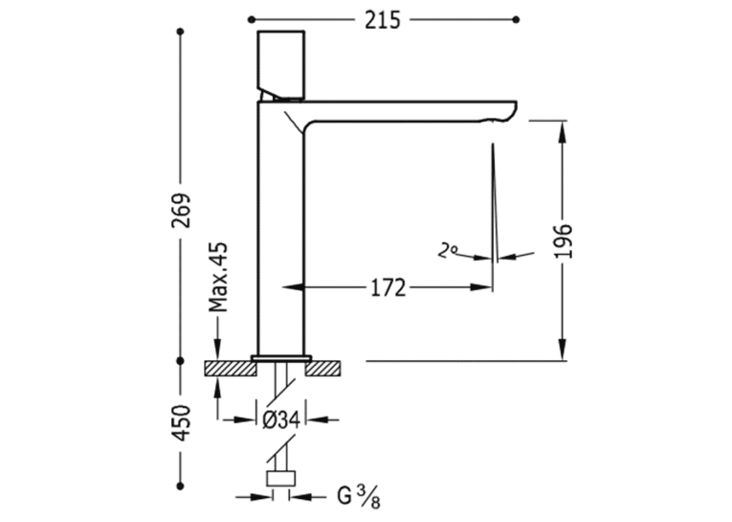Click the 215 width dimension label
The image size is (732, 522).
pos(383,20)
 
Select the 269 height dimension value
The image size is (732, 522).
pos(181,211)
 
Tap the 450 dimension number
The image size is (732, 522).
pos(181,423)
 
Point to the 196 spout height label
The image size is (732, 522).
pos(563,241)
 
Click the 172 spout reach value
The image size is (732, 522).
pos(388,288)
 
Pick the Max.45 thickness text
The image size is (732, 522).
pos(218,277)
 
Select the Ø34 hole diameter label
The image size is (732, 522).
pos(281,420)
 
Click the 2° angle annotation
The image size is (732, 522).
pos(447,251)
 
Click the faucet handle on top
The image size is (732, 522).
pos(281,65)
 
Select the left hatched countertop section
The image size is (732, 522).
pos(231,368)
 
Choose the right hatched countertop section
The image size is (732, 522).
pos(323,368)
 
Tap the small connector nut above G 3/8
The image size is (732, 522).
pos(281,479)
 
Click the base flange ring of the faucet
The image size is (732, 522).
pos(281,358)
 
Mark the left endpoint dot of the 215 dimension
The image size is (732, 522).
pos(252,19)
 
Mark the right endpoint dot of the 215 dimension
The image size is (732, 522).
pos(516,19)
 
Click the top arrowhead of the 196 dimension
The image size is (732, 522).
pos(563,132)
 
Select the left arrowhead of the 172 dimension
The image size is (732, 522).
pos(293,287)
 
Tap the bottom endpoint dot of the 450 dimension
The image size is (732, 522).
pos(181,486)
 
